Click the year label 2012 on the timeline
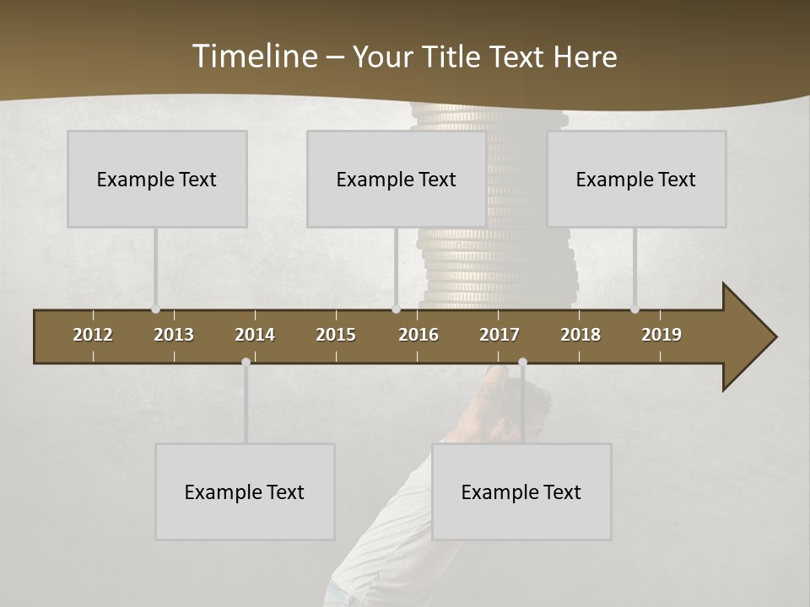click(93, 335)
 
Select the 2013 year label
click(174, 335)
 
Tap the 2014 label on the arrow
click(255, 335)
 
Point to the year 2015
click(336, 335)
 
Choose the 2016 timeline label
click(418, 335)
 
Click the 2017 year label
click(499, 335)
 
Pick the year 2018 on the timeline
click(580, 335)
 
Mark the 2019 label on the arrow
click(661, 335)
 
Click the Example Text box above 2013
click(157, 179)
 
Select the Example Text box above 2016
click(397, 179)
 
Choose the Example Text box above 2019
click(636, 179)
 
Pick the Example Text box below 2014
click(245, 492)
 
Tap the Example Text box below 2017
click(521, 492)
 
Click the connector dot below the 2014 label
click(246, 363)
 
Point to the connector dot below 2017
click(522, 363)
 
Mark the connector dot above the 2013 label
click(155, 309)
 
